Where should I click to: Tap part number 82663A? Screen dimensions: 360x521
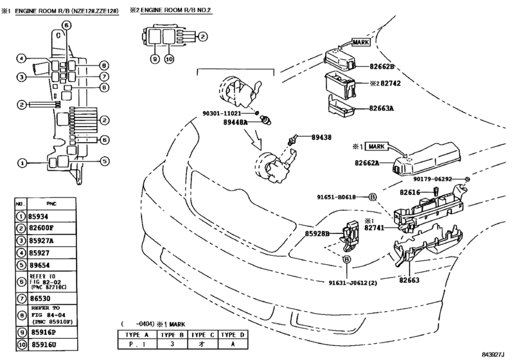(381, 108)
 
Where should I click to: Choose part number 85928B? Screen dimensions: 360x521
(317, 234)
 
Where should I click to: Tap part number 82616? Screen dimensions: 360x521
(409, 192)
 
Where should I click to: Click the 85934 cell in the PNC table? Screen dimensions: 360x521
(40, 217)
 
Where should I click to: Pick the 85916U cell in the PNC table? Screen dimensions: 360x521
(42, 344)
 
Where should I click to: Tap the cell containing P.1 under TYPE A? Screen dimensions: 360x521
(136, 345)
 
